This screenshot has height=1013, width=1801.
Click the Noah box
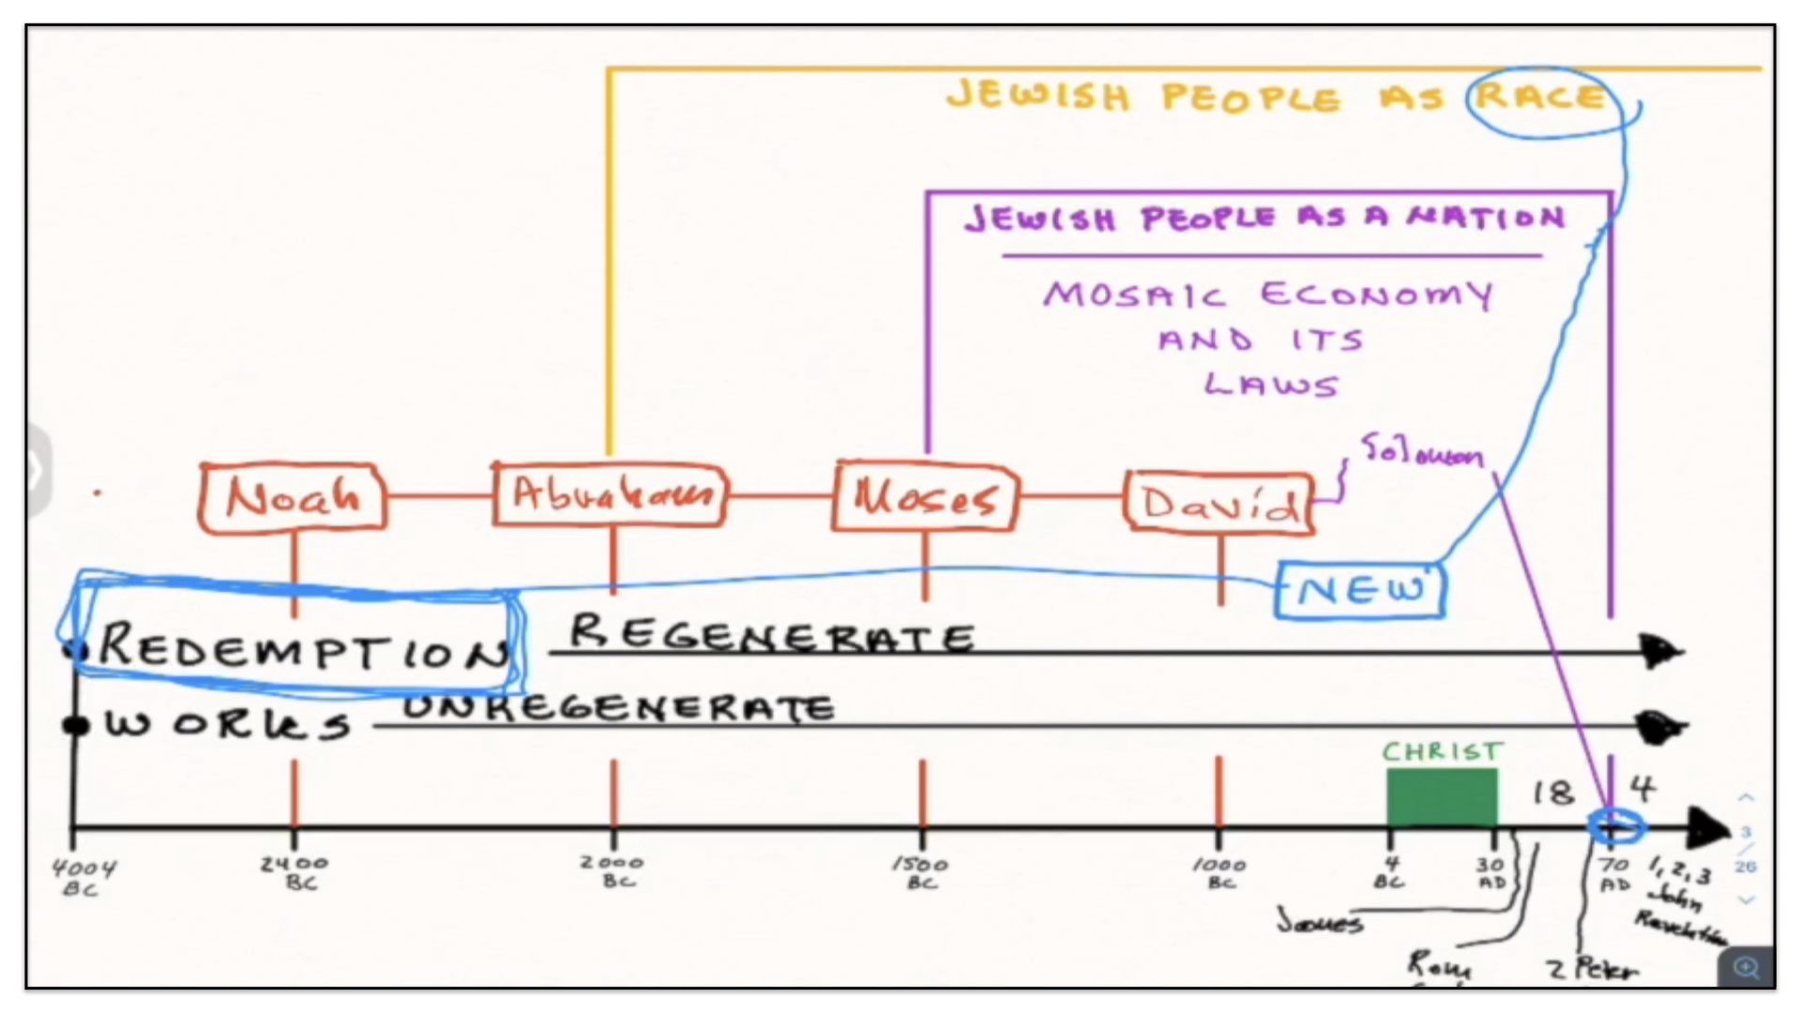(293, 497)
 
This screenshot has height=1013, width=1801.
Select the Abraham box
(611, 494)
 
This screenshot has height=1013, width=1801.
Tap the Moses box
(924, 496)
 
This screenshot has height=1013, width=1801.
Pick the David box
(1219, 504)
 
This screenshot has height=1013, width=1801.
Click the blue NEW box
(1360, 590)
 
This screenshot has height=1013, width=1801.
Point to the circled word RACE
(1540, 97)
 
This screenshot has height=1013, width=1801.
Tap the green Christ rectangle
(1442, 797)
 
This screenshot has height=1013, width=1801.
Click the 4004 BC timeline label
(83, 876)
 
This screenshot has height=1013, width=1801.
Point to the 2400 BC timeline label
(295, 872)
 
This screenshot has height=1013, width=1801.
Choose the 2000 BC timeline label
(612, 870)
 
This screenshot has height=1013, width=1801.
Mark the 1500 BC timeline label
(920, 872)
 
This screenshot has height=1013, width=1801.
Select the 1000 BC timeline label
(1219, 872)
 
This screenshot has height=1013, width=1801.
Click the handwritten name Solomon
(1422, 451)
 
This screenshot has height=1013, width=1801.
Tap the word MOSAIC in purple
(1134, 295)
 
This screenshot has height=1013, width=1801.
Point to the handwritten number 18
(1552, 794)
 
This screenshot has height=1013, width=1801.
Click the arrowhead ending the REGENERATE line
(1662, 650)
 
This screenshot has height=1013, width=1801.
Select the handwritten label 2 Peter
(1593, 968)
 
